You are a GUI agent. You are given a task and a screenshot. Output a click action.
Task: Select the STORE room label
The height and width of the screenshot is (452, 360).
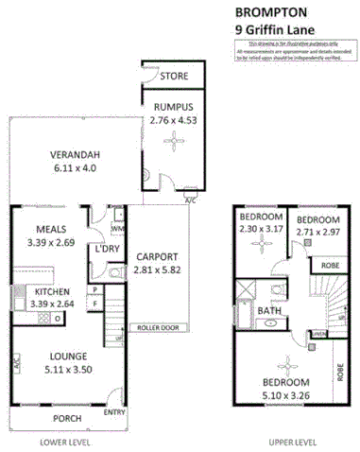pyautogui.click(x=173, y=76)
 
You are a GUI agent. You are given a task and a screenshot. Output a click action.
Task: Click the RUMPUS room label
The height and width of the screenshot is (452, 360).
pyautogui.click(x=171, y=106)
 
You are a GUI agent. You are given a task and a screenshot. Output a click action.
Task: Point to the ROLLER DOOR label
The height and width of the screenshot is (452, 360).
pyautogui.click(x=157, y=329)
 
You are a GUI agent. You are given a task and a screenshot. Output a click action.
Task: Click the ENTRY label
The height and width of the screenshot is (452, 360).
pyautogui.click(x=113, y=411)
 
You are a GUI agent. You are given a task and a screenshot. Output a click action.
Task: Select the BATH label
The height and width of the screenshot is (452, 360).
pyautogui.click(x=269, y=310)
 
